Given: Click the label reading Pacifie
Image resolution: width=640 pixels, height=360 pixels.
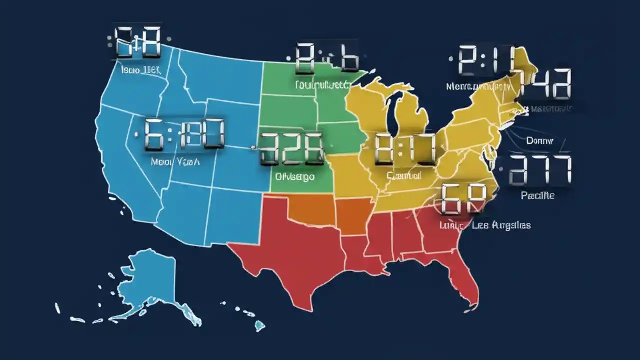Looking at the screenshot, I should (x=537, y=196).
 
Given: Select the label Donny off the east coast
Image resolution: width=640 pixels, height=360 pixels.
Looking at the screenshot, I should (x=540, y=141).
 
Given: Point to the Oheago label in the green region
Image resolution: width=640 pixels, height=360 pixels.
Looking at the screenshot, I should (x=295, y=176).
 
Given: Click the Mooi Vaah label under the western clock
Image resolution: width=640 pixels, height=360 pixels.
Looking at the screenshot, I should (x=174, y=162).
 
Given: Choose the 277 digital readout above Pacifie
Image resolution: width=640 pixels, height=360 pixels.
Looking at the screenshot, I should (x=540, y=169).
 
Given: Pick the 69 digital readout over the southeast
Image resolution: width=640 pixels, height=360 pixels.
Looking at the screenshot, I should (x=463, y=198).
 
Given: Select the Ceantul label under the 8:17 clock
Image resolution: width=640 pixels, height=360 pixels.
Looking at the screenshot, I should (x=404, y=176).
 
